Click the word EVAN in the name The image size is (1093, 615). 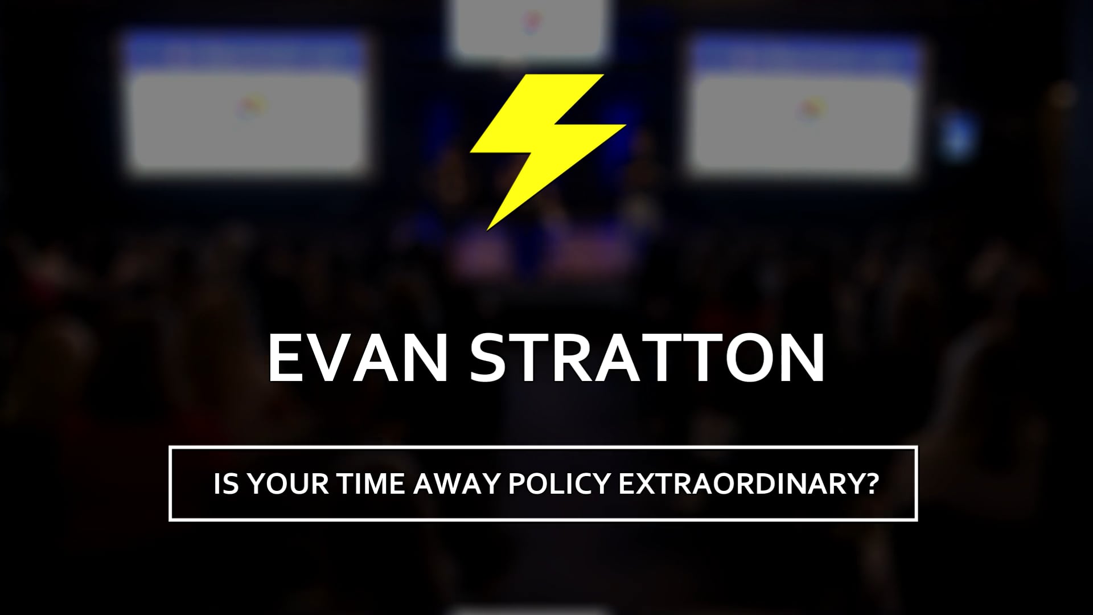click(357, 358)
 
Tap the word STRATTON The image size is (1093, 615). click(647, 358)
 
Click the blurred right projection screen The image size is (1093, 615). click(806, 105)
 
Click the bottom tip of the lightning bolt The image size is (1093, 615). click(488, 229)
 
